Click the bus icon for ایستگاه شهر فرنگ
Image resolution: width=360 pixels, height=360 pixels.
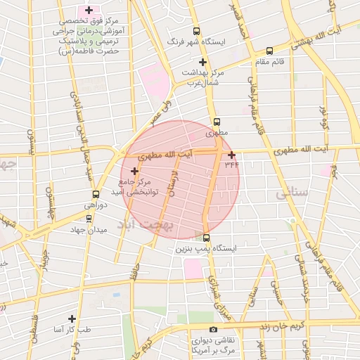[x=196, y=31]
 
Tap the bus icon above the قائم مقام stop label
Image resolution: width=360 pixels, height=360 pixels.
[x=269, y=51]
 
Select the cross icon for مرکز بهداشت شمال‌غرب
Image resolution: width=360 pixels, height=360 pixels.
[x=203, y=63]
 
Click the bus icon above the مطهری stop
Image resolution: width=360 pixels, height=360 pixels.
[x=217, y=121]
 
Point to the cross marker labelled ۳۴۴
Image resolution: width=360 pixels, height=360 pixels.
[x=232, y=154]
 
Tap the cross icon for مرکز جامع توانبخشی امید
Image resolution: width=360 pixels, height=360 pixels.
[x=135, y=170]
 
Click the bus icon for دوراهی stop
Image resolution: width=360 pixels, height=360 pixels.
[x=96, y=194]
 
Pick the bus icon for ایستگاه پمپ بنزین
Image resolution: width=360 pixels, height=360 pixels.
[x=205, y=238]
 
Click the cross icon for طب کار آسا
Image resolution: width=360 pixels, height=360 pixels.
[x=71, y=319]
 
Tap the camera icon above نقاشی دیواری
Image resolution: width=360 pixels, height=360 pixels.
[x=213, y=329]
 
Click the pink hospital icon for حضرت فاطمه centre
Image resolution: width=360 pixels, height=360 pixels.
[x=89, y=10]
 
